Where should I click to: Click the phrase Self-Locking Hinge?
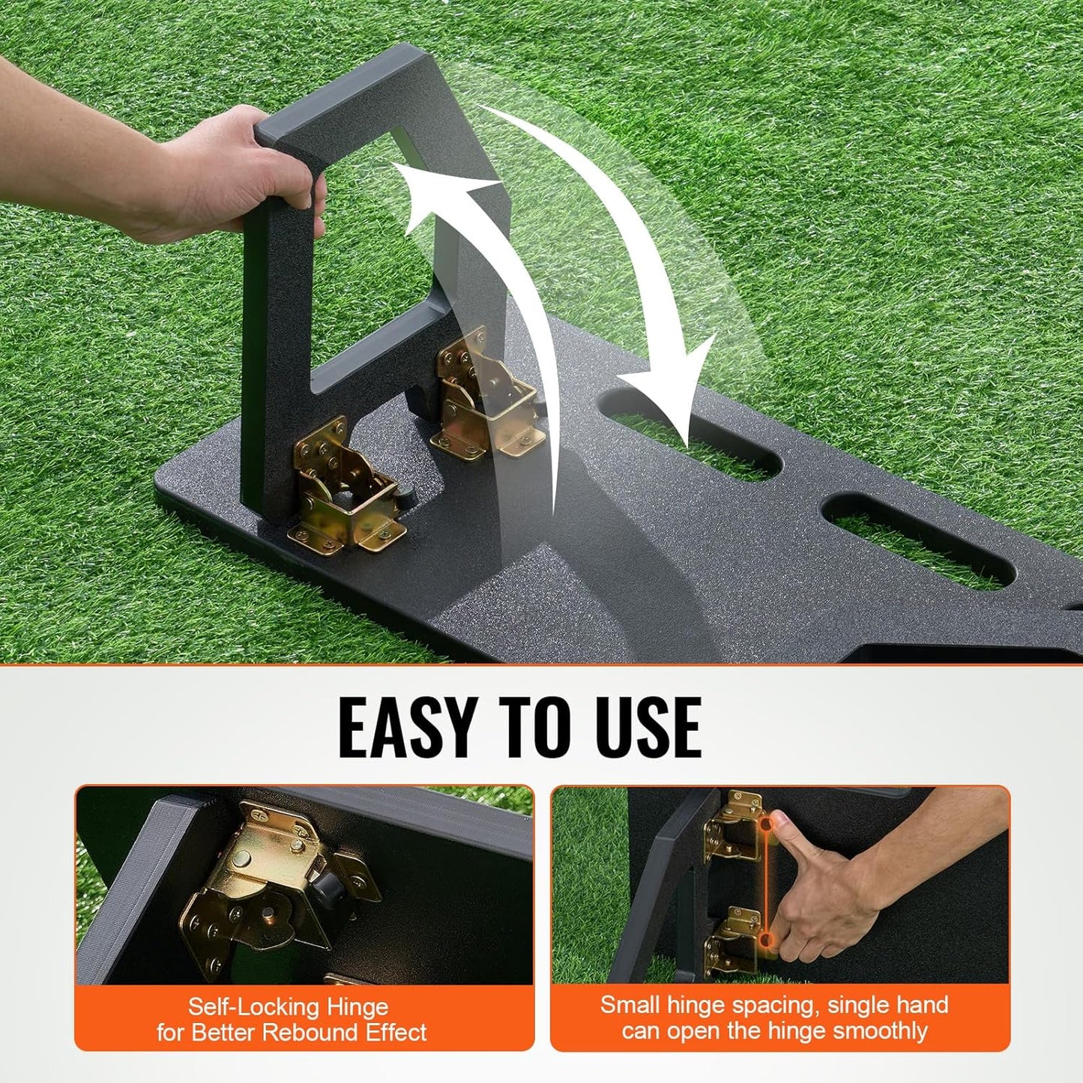(x=288, y=1007)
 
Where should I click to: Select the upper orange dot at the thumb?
(x=765, y=823)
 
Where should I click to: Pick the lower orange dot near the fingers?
(x=764, y=938)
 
